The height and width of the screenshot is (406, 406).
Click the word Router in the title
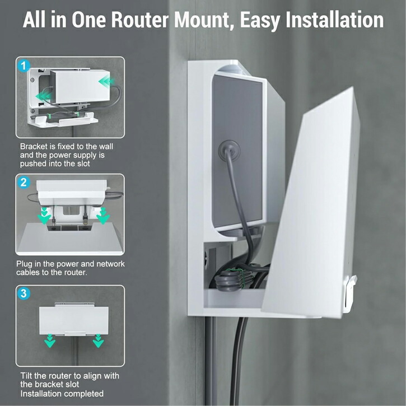(x=140, y=20)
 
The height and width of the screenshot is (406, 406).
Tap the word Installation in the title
(x=334, y=20)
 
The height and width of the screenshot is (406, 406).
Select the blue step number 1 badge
(x=24, y=66)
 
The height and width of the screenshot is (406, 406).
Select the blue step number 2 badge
(x=24, y=183)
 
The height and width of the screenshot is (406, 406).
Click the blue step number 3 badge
(x=24, y=293)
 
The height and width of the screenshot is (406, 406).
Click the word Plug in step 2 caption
(x=25, y=264)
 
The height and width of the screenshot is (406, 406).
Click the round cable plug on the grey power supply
(x=228, y=150)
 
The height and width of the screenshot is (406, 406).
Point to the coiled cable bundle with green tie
(x=234, y=279)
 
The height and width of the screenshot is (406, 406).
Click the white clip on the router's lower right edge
(x=349, y=293)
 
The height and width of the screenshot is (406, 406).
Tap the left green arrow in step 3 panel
(x=49, y=340)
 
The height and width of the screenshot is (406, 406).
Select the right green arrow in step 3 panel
(x=98, y=340)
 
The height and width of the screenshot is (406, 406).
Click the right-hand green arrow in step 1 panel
(x=106, y=82)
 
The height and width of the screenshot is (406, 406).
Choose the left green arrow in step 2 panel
(x=44, y=216)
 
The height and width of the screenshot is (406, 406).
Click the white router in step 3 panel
(x=74, y=320)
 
